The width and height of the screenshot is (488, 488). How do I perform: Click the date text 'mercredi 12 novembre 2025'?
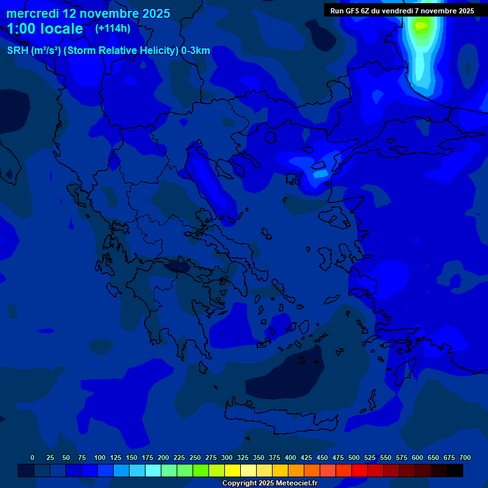(88, 13)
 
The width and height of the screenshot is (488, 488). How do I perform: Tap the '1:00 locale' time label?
(45, 29)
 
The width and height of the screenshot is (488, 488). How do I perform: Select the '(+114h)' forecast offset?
(112, 29)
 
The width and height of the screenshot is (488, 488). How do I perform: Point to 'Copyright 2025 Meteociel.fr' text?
(269, 483)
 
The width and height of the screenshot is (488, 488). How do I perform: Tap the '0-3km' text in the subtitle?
(196, 51)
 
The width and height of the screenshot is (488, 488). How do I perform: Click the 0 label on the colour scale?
(32, 457)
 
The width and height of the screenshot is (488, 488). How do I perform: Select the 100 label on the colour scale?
(100, 457)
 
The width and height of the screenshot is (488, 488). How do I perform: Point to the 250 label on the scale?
(195, 457)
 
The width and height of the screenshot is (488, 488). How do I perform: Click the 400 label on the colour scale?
(290, 457)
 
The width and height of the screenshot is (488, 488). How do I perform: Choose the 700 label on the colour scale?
(465, 457)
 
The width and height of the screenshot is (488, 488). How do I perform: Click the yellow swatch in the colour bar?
(233, 471)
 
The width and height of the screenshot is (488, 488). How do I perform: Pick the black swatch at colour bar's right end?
(455, 471)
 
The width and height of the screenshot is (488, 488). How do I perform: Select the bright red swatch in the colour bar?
(360, 471)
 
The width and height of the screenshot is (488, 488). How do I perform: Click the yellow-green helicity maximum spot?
(420, 26)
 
